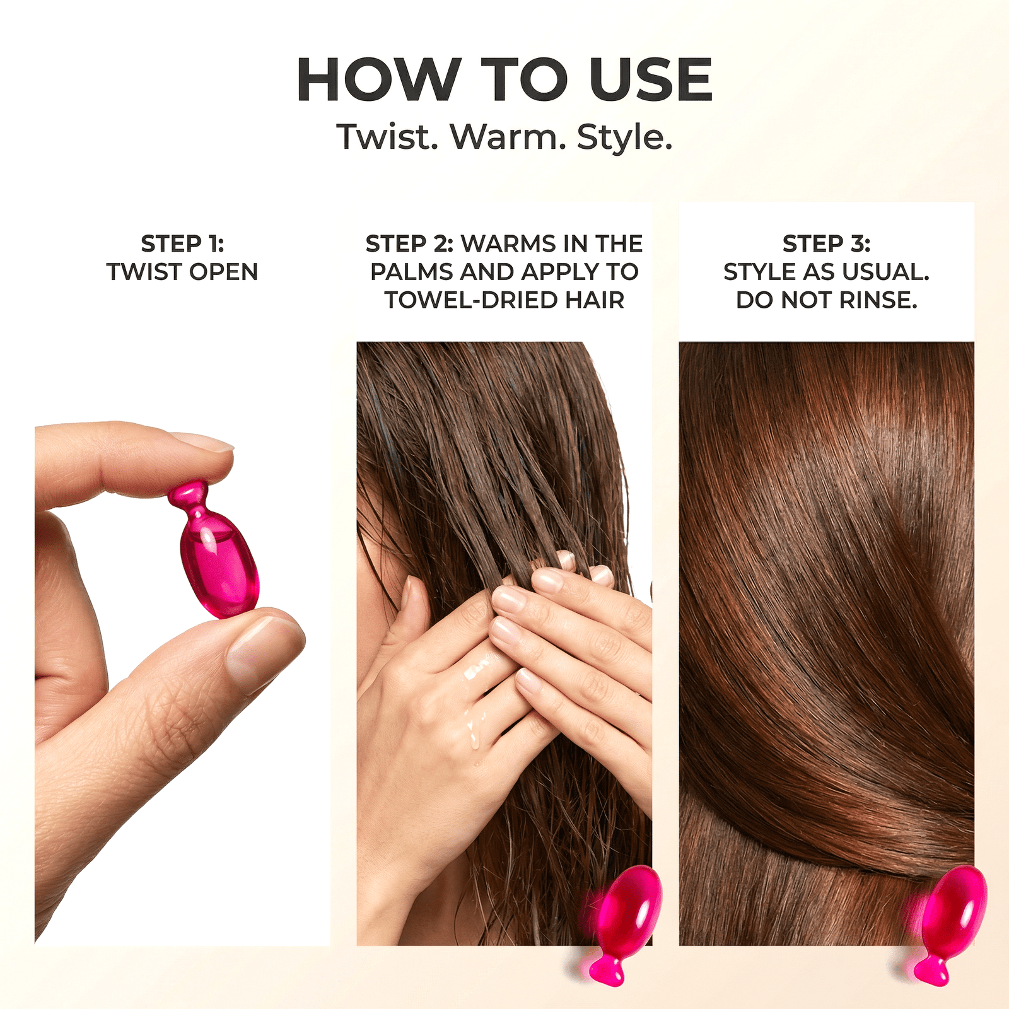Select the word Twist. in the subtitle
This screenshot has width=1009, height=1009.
[387, 137]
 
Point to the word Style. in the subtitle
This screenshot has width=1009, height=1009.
[624, 138]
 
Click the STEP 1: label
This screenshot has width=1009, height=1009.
[182, 243]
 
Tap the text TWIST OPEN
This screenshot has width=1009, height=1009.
[182, 272]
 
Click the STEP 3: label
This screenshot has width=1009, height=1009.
[826, 243]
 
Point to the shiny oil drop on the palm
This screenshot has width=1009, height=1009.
[477, 672]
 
